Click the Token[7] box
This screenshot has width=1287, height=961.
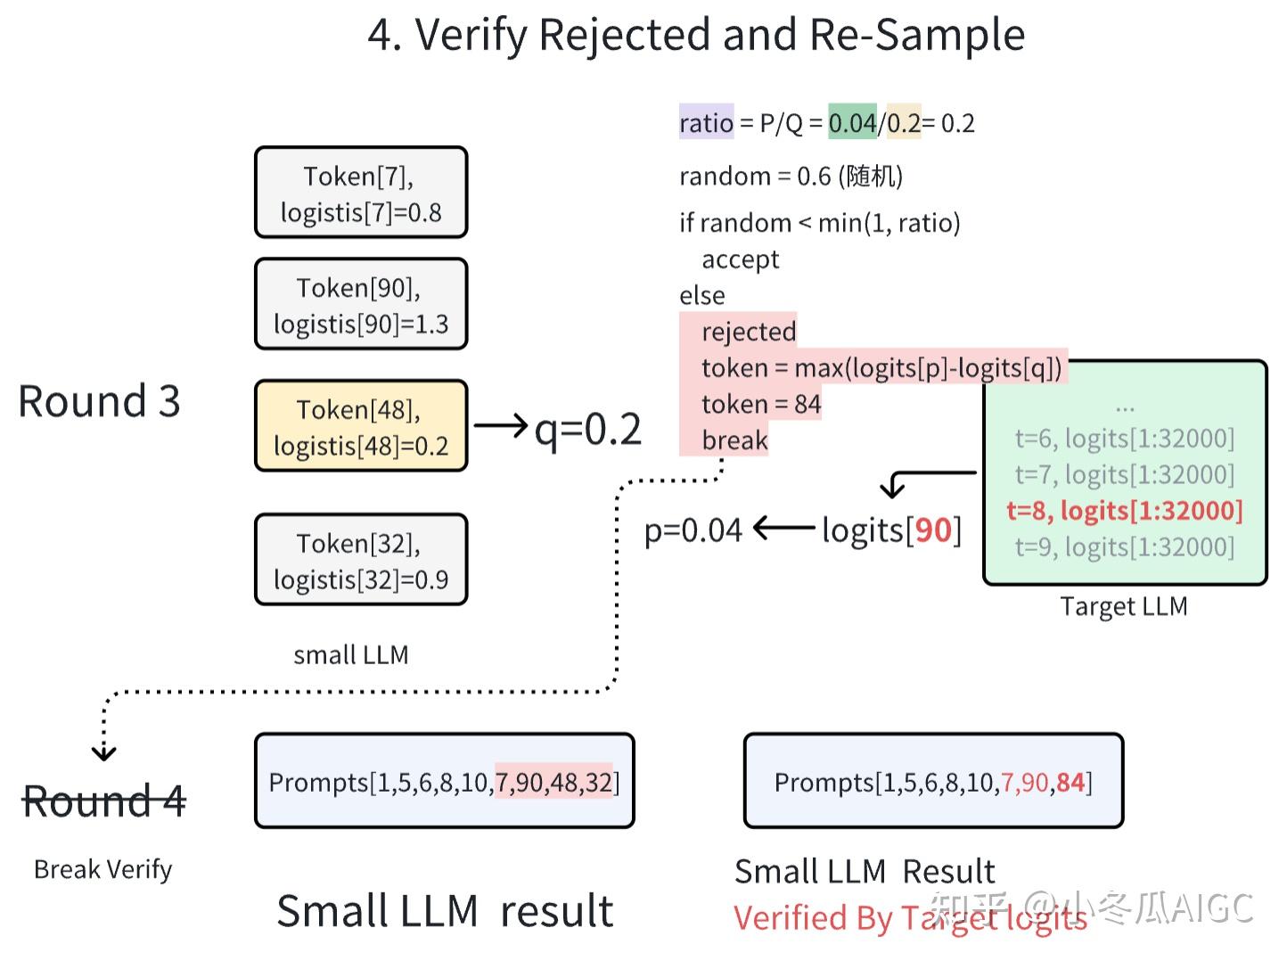361,192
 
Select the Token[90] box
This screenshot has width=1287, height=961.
361,304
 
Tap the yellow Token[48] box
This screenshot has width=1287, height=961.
361,426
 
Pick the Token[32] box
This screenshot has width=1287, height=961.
361,559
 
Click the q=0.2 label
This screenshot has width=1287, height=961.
587,430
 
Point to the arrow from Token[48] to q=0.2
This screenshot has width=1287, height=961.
501,425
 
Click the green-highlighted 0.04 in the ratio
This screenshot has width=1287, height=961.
852,123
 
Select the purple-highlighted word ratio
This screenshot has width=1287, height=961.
706,123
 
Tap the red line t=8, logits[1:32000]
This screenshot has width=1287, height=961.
1124,511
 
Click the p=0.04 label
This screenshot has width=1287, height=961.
693,530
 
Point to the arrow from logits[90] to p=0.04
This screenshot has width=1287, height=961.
784,528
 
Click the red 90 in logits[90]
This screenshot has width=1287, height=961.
933,530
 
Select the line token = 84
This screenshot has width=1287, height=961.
761,404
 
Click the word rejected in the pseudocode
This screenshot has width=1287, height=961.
749,332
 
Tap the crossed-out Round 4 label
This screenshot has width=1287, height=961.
104,801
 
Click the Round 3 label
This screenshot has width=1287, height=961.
100,401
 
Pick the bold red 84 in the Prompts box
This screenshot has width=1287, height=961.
1070,782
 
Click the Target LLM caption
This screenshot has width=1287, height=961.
1124,606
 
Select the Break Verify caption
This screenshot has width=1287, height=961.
103,869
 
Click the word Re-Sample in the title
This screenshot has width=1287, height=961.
917,34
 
